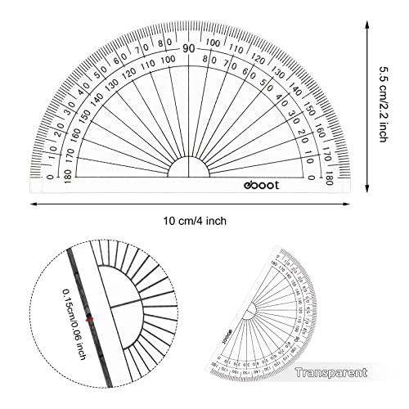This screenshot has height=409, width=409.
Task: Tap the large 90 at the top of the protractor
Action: coord(189,48)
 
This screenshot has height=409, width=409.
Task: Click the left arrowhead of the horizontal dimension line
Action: coord(37,204)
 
